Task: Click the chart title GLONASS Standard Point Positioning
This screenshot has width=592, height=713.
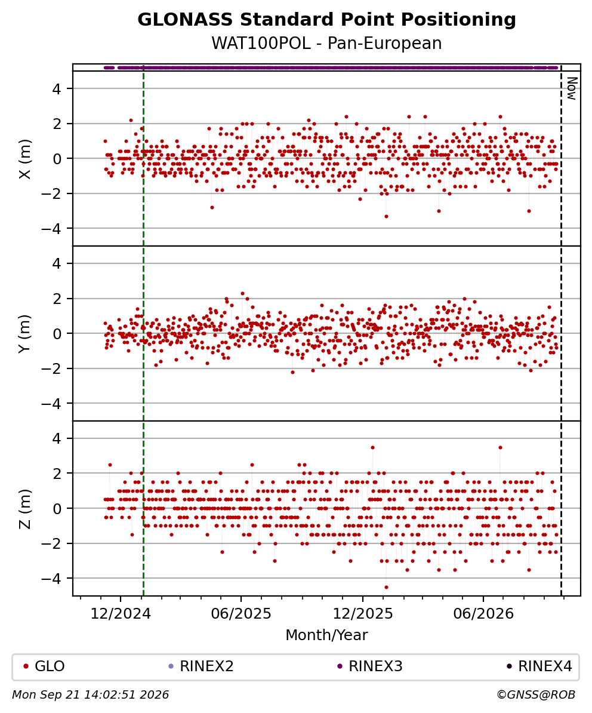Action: [x=326, y=20]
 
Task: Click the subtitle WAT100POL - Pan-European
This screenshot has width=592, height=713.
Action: [x=326, y=44]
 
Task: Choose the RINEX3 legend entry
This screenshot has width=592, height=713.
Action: [x=370, y=666]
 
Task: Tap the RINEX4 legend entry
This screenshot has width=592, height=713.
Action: [x=539, y=666]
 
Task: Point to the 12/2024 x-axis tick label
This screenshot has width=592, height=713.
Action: [x=121, y=614]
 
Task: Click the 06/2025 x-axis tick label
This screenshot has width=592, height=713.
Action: [x=240, y=614]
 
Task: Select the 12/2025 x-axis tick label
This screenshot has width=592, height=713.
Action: [x=363, y=614]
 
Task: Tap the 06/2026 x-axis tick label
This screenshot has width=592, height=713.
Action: [x=483, y=614]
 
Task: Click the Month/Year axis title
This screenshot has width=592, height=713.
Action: [x=326, y=635]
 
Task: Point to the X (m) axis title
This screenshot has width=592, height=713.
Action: [x=25, y=159]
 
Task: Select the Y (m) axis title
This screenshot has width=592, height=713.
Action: [x=25, y=334]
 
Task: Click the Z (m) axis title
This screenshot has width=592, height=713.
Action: [x=25, y=509]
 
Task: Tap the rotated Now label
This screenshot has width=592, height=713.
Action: [x=572, y=88]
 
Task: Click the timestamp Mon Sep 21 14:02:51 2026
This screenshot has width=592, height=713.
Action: [x=91, y=695]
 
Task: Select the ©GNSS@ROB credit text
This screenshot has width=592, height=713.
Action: [x=536, y=695]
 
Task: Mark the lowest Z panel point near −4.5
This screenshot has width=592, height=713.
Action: [x=386, y=587]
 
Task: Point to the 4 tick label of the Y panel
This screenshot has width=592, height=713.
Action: [x=56, y=264]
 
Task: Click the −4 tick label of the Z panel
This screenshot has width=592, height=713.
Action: [x=51, y=579]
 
